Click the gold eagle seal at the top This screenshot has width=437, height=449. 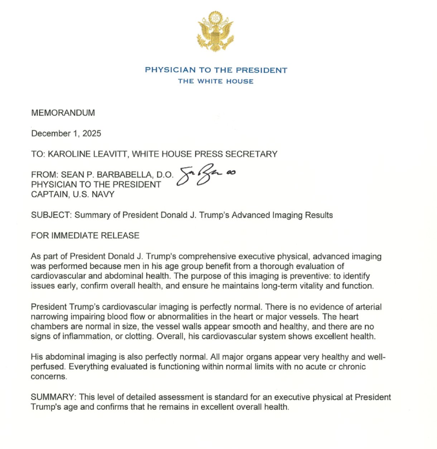(x=216, y=32)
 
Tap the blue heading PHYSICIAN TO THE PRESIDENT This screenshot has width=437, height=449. (x=216, y=70)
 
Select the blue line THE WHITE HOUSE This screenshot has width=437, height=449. (x=216, y=81)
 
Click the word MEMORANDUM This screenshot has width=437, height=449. (x=63, y=113)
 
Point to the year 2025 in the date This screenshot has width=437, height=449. (x=92, y=134)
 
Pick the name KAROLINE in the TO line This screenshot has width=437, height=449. (x=65, y=154)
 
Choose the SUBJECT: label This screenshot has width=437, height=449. (x=51, y=215)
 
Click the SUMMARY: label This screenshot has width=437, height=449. (x=53, y=397)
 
